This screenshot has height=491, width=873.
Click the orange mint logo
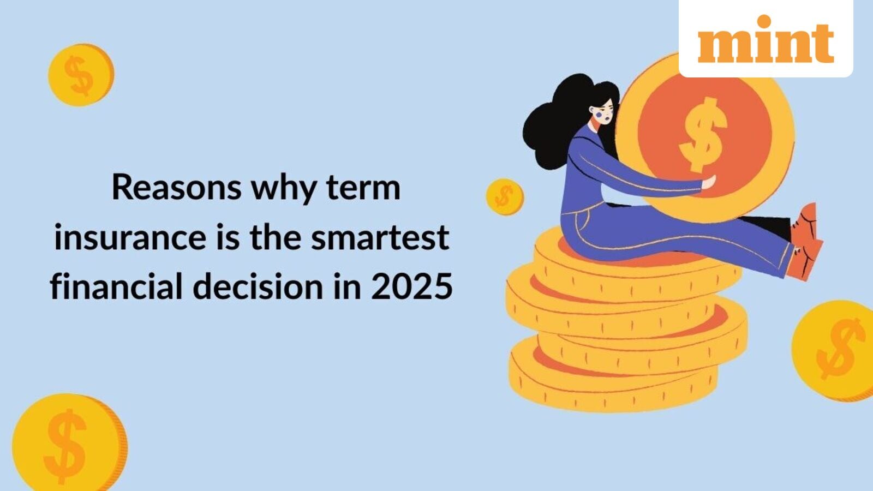click(766, 39)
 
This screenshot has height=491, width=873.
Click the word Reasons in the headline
click(176, 188)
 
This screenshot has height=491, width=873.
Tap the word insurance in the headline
click(130, 237)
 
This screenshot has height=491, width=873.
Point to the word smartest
click(380, 237)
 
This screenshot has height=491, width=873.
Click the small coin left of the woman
click(505, 197)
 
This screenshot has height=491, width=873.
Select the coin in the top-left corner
click(81, 75)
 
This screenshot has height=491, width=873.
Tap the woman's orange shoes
click(806, 242)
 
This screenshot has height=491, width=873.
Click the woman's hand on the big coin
click(709, 182)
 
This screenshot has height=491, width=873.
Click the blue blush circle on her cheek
click(599, 115)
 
